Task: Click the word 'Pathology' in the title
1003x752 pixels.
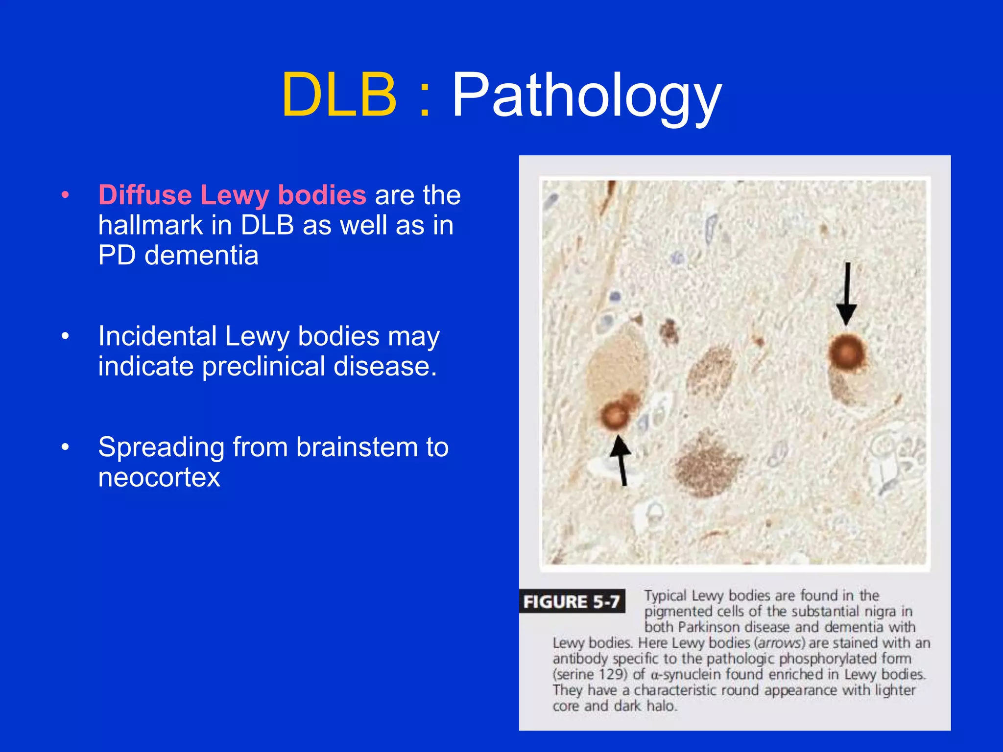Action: [x=586, y=95]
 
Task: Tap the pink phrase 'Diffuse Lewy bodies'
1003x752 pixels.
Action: [x=232, y=195]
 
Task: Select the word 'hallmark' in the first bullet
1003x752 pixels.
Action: [x=150, y=225]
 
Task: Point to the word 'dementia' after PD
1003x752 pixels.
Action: [x=201, y=255]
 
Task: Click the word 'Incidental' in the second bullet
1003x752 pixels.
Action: [x=157, y=336]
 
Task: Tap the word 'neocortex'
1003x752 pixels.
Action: [x=159, y=477]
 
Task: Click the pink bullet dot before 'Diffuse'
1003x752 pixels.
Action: [x=65, y=195]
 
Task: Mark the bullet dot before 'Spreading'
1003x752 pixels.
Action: [x=65, y=447]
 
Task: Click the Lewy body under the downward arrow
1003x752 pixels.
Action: [x=846, y=352]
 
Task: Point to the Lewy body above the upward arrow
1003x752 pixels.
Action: [x=614, y=415]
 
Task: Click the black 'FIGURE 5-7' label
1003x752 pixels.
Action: [x=572, y=601]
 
